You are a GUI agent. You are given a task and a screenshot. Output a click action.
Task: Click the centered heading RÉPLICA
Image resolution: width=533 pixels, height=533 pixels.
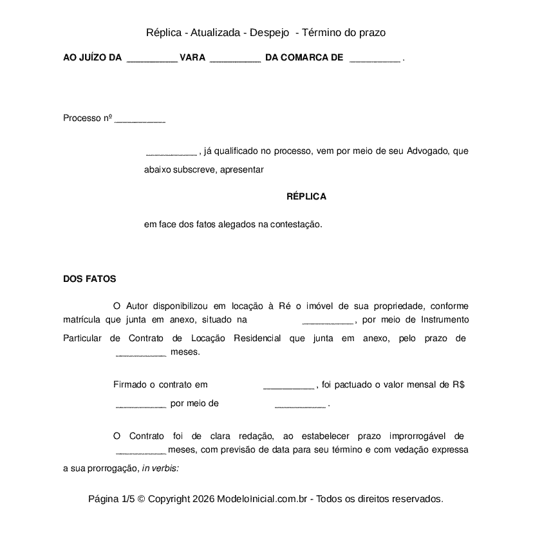[x=306, y=196]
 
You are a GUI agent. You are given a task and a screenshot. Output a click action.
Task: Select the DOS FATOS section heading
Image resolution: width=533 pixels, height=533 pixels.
[x=89, y=279]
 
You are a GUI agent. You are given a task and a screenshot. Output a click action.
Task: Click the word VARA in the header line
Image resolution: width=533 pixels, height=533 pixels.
[x=192, y=58]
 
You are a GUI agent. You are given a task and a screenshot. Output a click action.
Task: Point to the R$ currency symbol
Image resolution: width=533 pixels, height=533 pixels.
[x=458, y=385]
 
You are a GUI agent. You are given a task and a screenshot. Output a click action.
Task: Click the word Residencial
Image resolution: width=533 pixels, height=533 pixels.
[x=257, y=338]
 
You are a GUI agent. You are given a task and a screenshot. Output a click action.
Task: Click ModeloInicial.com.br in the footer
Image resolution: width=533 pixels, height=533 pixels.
[x=265, y=499]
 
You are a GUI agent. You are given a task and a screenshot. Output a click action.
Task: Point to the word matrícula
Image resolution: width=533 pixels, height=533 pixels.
[x=82, y=319]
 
